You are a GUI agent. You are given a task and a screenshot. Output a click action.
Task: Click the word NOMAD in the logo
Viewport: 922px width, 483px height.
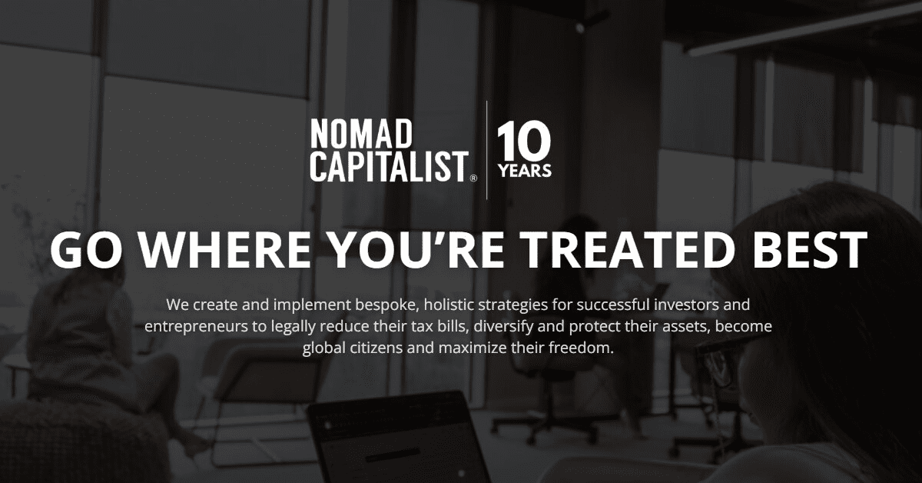pos(361,134)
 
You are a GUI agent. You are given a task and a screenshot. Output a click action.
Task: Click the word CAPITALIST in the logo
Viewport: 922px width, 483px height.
pos(390,166)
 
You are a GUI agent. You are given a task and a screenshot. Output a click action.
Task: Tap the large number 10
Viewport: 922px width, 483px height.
pos(524,142)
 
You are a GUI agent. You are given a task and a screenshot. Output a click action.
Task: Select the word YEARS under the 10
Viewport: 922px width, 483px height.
pos(525,171)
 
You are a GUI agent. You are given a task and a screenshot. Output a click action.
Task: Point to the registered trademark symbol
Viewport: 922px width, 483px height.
pos(473,178)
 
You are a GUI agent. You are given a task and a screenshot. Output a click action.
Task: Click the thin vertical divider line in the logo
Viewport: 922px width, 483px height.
pos(487,150)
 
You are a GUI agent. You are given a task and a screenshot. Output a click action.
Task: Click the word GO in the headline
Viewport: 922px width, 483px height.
pos(86,249)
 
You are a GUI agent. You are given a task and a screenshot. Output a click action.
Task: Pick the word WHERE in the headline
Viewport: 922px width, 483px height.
pos(224,249)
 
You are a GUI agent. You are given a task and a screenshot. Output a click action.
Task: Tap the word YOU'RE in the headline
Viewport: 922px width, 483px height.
pos(417,249)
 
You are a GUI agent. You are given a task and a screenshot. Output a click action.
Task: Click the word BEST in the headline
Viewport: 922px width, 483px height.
pos(810,249)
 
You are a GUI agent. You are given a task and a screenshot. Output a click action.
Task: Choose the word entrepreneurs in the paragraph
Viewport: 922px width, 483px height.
pos(196,327)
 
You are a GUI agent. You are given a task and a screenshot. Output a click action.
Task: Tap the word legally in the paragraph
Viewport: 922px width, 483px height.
pos(293,327)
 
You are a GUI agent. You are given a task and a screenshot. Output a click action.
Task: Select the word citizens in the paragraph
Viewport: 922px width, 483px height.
pos(376,348)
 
